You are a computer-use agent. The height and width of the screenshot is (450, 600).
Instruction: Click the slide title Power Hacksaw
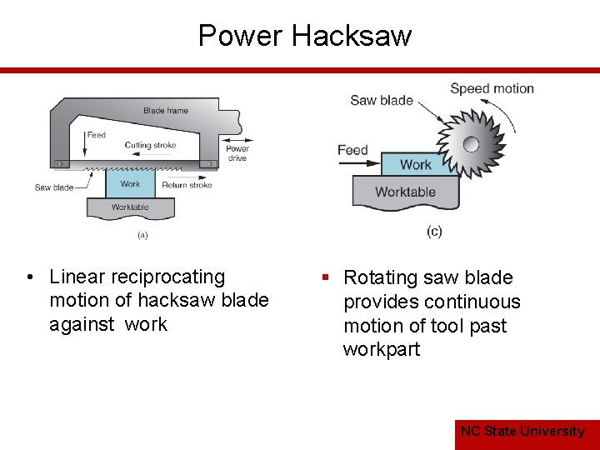(305, 36)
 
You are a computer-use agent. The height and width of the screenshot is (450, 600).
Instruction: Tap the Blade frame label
(166, 111)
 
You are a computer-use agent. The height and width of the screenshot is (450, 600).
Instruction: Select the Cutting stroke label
(150, 145)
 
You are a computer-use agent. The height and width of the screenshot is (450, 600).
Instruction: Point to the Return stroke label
(187, 185)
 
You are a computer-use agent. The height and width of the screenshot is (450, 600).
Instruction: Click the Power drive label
(237, 153)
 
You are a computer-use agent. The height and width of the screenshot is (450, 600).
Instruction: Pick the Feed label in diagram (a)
(97, 134)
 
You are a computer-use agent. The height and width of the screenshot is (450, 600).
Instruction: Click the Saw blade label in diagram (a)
(54, 187)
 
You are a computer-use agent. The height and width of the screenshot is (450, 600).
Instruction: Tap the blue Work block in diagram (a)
(130, 184)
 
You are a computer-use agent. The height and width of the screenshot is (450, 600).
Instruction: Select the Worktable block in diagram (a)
(130, 207)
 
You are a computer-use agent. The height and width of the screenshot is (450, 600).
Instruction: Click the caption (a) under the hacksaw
(142, 235)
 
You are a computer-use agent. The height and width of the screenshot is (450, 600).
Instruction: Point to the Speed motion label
(492, 88)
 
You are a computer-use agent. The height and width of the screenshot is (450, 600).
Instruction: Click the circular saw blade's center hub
(471, 143)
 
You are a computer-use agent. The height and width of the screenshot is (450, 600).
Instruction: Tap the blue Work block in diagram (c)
(415, 165)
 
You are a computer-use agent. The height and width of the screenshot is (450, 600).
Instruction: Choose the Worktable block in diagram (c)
(406, 192)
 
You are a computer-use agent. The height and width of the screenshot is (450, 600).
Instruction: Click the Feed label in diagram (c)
(352, 150)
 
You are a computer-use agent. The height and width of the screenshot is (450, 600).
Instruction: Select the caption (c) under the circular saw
(434, 231)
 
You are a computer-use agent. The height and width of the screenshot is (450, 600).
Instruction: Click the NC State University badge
(523, 431)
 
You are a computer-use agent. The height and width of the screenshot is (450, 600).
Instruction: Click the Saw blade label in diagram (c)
(382, 100)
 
